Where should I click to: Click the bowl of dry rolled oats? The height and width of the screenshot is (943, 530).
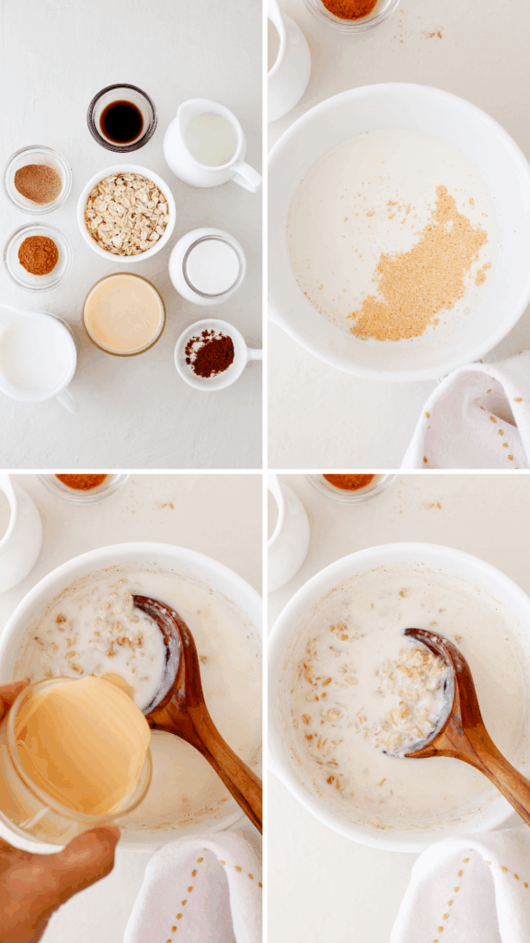click(x=126, y=214)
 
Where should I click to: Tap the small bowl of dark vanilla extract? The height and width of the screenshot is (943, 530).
click(x=121, y=120)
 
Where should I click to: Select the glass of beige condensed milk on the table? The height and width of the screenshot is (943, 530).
click(x=123, y=314)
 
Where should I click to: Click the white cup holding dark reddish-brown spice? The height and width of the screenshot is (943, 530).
click(x=211, y=354)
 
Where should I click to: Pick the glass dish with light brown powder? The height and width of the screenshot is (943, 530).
click(x=38, y=181)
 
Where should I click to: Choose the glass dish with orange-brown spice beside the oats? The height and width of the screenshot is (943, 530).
click(x=38, y=255)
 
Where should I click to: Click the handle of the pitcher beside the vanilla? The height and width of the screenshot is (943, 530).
click(x=247, y=176)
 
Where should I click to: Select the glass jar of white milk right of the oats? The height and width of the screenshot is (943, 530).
click(x=208, y=266)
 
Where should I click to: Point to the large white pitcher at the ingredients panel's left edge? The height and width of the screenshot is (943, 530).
click(x=34, y=355)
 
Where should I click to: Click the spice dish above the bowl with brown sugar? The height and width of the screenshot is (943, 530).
click(x=351, y=9)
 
